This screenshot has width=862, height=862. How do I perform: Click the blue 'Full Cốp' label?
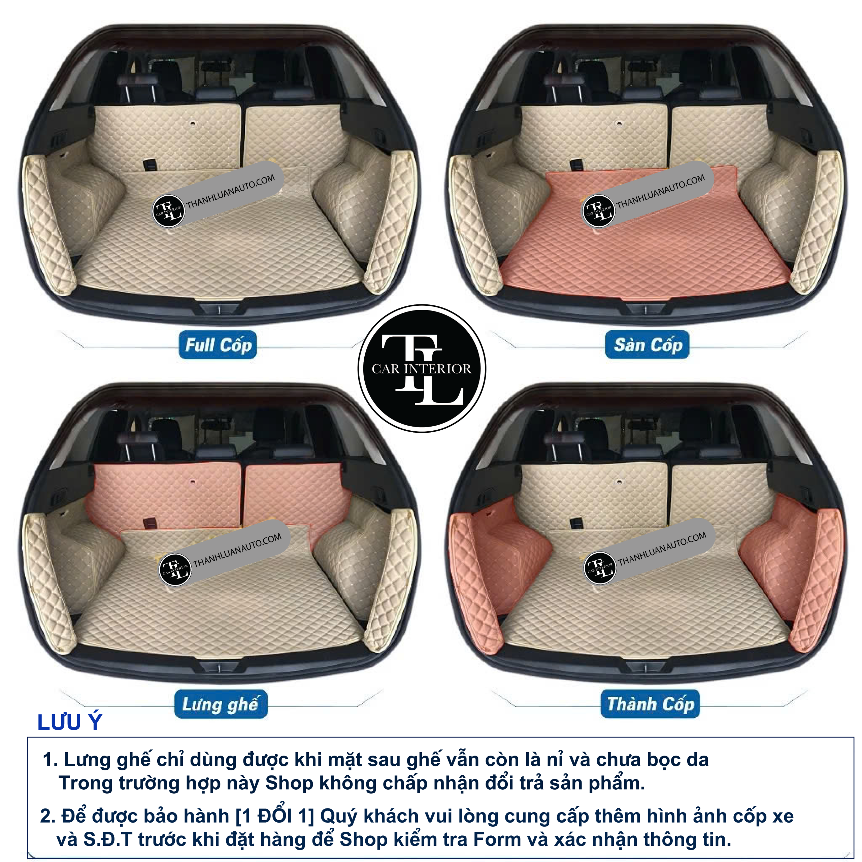[218, 345]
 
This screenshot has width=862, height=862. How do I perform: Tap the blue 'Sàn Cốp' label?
[648, 344]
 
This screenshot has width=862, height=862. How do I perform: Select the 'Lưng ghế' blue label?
[221, 704]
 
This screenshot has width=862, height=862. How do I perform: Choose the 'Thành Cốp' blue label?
[650, 704]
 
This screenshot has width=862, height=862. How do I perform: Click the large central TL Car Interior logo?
[422, 368]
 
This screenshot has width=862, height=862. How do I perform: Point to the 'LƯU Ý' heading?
[70, 722]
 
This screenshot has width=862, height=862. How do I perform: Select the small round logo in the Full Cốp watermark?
[169, 210]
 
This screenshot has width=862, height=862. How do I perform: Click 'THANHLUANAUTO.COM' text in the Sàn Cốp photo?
[660, 191]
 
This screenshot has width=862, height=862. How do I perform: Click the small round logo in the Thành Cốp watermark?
[600, 568]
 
